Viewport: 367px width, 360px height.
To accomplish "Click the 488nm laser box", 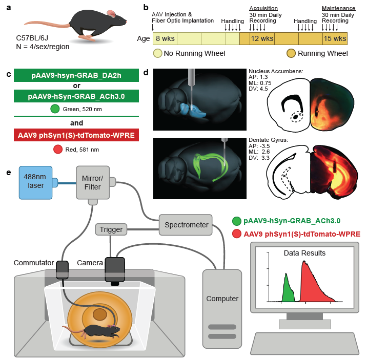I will [35, 181].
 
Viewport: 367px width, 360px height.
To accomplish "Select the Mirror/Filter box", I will [93, 181].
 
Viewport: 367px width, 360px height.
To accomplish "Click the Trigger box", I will [111, 230].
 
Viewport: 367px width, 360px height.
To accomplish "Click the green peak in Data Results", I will [288, 289].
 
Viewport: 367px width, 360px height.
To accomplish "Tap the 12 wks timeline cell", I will [261, 38].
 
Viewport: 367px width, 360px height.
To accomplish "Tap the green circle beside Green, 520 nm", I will [55, 108].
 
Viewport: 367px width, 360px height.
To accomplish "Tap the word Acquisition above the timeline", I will [263, 8].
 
